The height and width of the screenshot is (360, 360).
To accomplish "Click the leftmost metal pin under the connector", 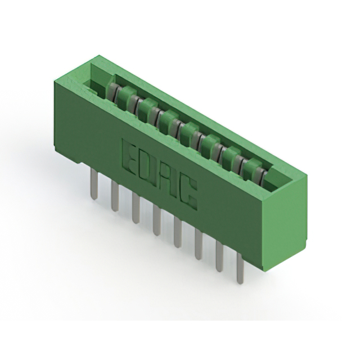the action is (x=94, y=184).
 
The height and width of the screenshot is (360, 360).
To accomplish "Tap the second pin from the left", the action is (x=115, y=196).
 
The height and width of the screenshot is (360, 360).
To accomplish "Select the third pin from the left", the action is (x=136, y=208).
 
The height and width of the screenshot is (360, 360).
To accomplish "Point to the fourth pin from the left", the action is (x=156, y=220).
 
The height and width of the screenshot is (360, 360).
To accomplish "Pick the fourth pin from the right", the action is (x=178, y=232).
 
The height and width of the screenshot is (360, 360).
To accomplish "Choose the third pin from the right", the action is (x=199, y=245).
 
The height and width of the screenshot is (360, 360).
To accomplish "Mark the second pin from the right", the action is (x=220, y=258).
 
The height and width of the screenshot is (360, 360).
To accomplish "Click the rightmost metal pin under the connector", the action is (x=240, y=268).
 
